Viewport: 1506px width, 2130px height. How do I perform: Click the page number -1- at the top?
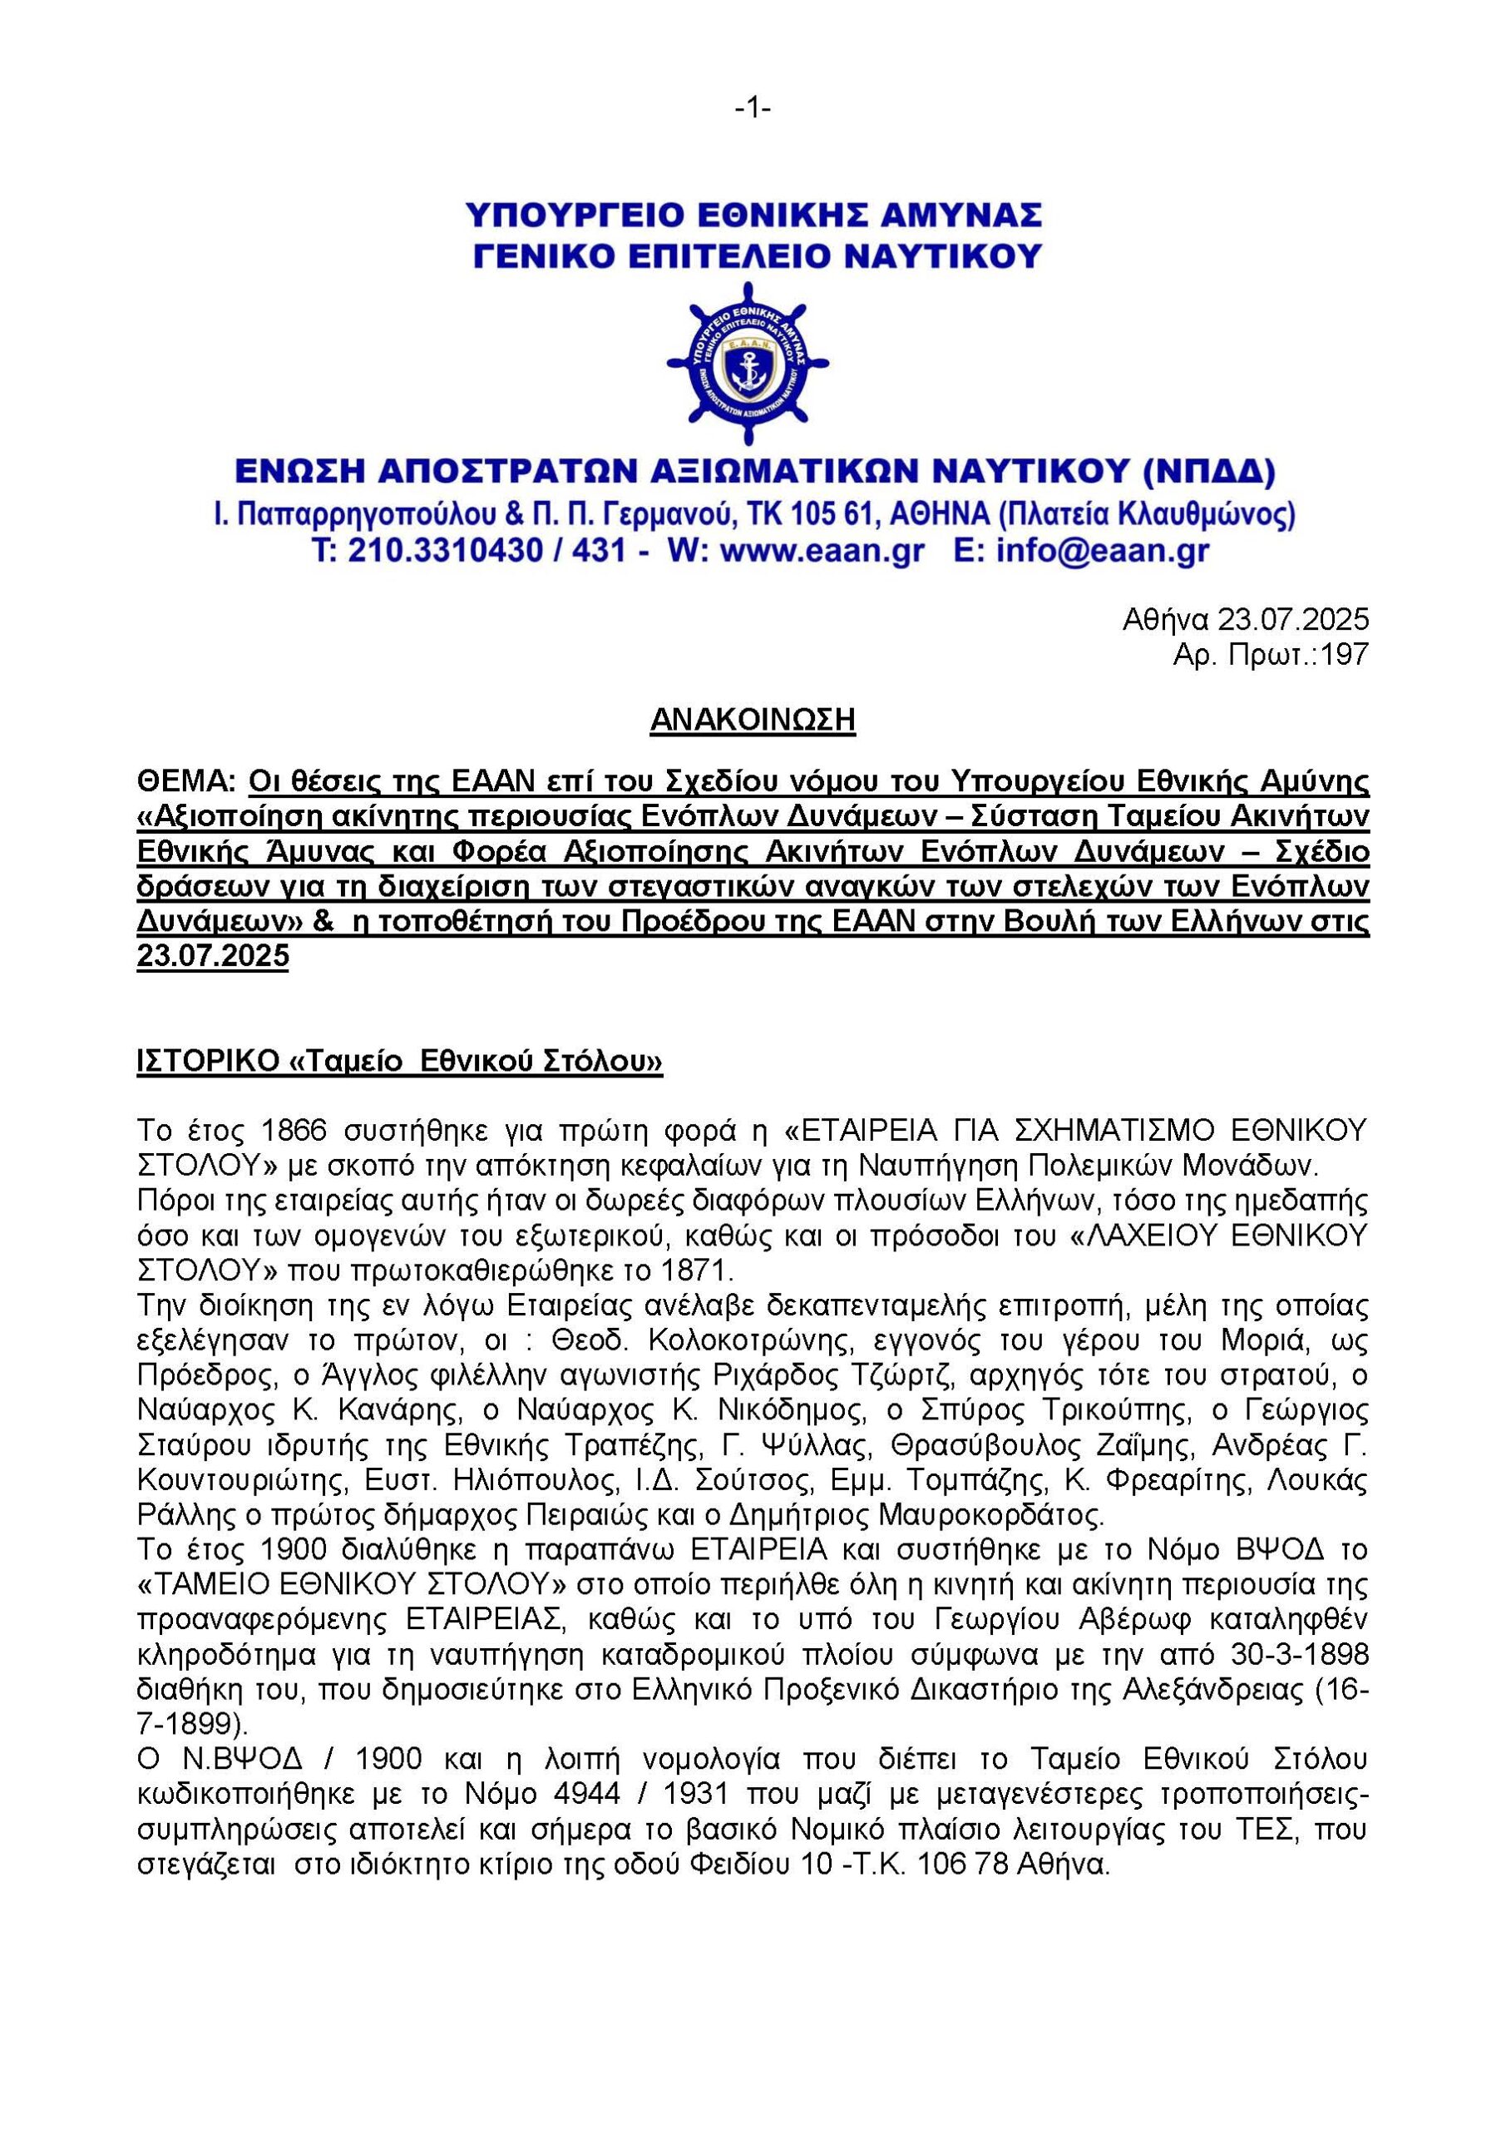tap(753, 110)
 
